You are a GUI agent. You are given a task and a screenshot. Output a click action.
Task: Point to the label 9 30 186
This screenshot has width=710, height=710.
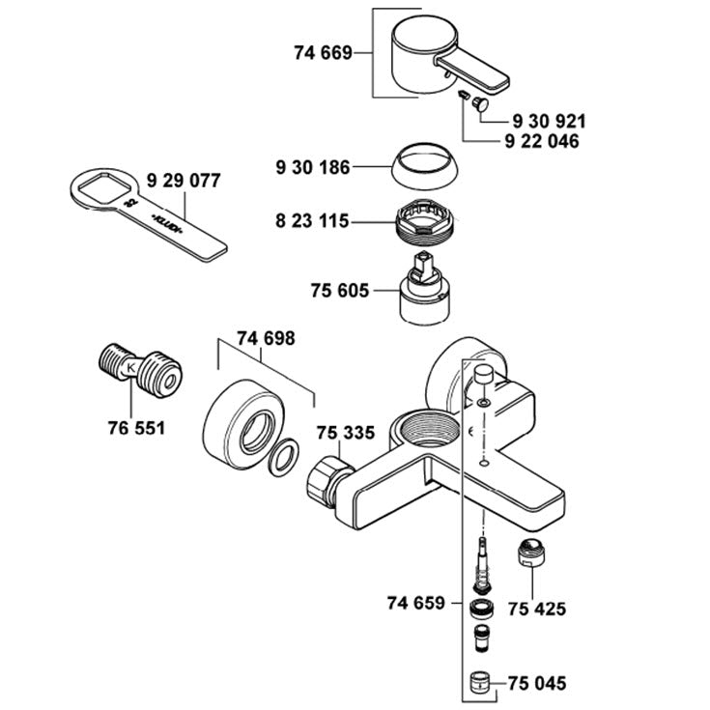tap(313, 168)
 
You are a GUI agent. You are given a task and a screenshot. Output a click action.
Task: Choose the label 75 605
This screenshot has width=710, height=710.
tap(339, 289)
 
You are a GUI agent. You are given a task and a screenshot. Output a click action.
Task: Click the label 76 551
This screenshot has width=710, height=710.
tap(129, 426)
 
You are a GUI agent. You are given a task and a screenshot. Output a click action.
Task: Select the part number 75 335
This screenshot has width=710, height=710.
tap(346, 433)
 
